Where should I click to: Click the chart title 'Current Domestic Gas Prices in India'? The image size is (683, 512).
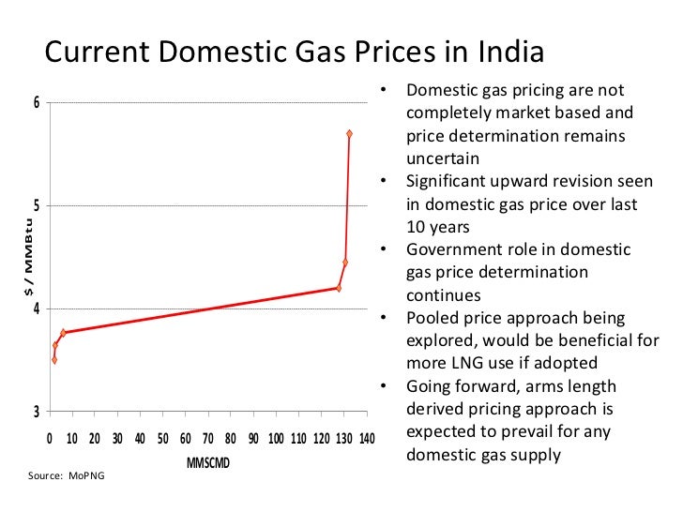coord(295,52)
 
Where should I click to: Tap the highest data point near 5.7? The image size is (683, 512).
coord(349,134)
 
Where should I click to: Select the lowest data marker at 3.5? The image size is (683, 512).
coord(54,360)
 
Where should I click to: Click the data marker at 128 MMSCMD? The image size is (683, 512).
coord(339,288)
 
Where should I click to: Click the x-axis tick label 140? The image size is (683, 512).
coord(366,439)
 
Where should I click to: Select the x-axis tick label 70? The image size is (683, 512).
coord(207,439)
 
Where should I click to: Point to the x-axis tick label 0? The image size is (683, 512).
coord(50,439)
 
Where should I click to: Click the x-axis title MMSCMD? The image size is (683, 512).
coord(208,464)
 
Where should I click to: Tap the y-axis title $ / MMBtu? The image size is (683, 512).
coord(27,257)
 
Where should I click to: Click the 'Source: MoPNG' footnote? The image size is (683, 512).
coord(67,476)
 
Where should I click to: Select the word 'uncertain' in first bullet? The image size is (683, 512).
coord(442,158)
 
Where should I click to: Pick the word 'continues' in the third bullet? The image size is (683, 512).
coord(443,294)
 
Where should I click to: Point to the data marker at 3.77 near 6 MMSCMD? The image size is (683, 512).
coord(63,333)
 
